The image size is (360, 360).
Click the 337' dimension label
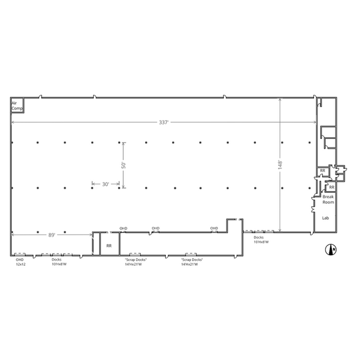point(163,122)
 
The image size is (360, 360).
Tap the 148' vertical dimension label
point(280,165)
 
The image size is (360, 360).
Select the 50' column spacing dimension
point(123,165)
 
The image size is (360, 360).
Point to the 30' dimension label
point(105,184)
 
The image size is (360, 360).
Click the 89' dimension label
point(51,234)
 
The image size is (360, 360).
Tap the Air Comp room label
point(17,106)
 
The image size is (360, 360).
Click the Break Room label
point(328,199)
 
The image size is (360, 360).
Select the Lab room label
point(326,217)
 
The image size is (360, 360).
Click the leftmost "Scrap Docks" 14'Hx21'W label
point(135,261)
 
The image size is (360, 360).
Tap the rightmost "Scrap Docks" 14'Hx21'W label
point(192,261)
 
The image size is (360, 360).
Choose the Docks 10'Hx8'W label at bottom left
point(59,261)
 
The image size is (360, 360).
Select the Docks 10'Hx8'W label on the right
point(261,239)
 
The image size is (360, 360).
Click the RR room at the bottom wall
point(109,246)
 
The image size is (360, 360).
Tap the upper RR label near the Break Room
point(322,171)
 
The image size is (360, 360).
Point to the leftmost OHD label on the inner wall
point(123,228)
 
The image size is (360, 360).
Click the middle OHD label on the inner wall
point(156,228)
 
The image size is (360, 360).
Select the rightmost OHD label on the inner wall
point(214,228)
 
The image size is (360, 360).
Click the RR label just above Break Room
point(331,187)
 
